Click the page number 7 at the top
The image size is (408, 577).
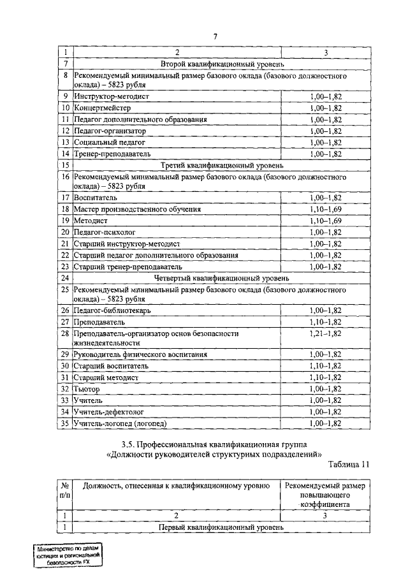215,36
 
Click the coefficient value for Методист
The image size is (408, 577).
325,220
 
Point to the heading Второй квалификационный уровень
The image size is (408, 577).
218,64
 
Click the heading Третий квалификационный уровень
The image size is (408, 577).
218,164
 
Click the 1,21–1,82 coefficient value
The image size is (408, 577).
325,333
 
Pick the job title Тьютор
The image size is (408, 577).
89,388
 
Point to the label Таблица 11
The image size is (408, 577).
348,465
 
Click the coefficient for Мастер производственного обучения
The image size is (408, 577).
325,208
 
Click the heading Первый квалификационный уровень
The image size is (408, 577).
218,528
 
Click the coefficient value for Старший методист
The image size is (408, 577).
325,377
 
